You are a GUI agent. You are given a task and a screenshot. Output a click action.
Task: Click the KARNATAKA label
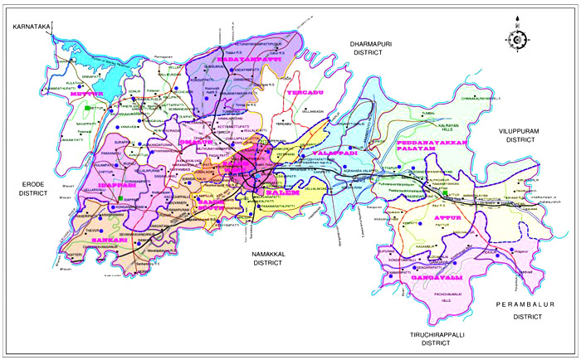27,27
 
